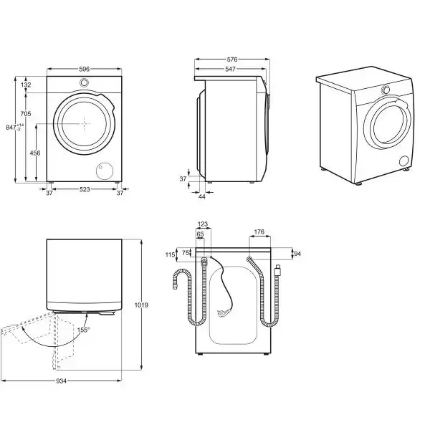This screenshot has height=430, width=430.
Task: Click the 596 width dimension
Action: click(x=84, y=69)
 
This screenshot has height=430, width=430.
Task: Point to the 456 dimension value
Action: click(x=34, y=153)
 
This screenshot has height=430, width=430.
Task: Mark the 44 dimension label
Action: click(x=201, y=196)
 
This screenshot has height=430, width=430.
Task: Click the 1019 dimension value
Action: click(x=140, y=305)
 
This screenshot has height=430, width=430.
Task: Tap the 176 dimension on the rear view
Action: click(x=259, y=231)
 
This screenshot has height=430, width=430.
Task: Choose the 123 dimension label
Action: click(x=201, y=224)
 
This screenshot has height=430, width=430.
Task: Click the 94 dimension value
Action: click(x=297, y=253)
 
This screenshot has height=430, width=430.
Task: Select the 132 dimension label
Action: click(x=26, y=85)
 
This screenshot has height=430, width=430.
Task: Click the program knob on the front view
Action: click(x=84, y=83)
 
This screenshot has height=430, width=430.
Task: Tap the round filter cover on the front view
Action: click(x=105, y=170)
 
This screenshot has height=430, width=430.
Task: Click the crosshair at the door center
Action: click(x=84, y=122)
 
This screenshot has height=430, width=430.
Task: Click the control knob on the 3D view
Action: click(x=386, y=90)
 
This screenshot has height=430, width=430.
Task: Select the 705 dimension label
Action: click(x=25, y=114)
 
